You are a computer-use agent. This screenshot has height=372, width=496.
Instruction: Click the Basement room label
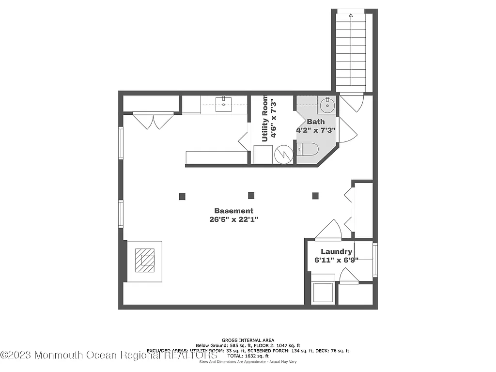(x=233, y=211)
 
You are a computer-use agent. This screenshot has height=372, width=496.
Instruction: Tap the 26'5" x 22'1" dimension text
(x=233, y=219)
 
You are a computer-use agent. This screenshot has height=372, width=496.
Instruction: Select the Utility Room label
(x=265, y=119)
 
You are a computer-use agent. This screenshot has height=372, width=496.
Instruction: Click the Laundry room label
(x=336, y=251)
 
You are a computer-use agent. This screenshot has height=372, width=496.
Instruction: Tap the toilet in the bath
(x=307, y=150)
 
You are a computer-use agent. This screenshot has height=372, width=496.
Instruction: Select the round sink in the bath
(x=327, y=104)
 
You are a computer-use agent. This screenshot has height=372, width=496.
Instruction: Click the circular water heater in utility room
(x=283, y=155)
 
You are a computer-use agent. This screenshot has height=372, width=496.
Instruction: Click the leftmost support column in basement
(x=182, y=196)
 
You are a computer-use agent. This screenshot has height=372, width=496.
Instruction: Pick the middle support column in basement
(x=251, y=196)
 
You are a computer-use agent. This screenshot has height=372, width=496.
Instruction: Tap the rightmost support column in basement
(x=315, y=196)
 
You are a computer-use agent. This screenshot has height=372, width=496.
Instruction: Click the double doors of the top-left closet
(x=153, y=121)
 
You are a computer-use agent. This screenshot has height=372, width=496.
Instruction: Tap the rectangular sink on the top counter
(x=224, y=104)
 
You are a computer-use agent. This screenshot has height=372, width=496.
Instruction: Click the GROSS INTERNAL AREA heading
(x=248, y=341)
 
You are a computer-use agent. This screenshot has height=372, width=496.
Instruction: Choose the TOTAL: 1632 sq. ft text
(x=248, y=356)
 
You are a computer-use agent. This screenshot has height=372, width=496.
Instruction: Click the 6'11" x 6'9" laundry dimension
(x=336, y=260)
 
